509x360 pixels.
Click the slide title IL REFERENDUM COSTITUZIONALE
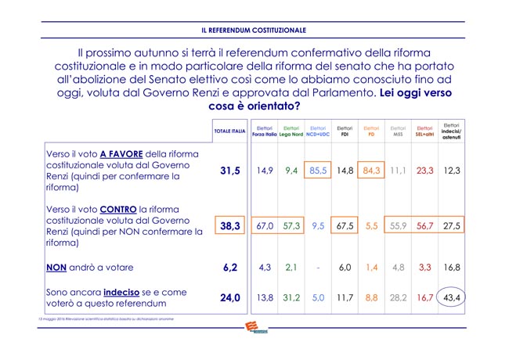point(254,31)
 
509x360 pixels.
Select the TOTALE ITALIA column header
point(229,131)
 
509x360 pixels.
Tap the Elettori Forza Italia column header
point(265,131)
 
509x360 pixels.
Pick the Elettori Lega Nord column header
point(291,131)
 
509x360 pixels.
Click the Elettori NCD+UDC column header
point(318,131)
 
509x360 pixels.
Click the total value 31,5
point(229,170)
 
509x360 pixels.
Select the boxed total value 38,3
point(229,225)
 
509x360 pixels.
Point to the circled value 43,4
point(451,297)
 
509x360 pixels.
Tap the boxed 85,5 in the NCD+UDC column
point(318,170)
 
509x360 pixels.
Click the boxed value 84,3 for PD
point(371,170)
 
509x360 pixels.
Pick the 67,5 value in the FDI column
point(345,225)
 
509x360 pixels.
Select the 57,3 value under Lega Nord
point(291,225)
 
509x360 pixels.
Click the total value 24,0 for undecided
point(229,297)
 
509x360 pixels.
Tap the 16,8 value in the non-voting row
point(451,267)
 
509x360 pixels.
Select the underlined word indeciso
point(128,290)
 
